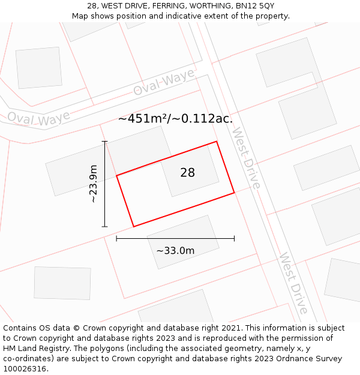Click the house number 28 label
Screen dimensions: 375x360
(187, 173)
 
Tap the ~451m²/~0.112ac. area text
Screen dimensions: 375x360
(175, 119)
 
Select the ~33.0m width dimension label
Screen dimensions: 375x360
(175, 250)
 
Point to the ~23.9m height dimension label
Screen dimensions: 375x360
(93, 184)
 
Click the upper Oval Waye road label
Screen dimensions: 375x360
(164, 82)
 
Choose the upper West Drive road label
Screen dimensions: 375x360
(246, 158)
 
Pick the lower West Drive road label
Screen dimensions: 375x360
(293, 283)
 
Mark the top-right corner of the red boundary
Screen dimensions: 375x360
(217, 142)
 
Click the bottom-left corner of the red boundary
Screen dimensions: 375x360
(133, 226)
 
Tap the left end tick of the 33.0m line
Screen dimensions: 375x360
(116, 239)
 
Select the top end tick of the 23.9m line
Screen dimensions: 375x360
(105, 142)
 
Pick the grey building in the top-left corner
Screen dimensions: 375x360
(38, 67)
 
